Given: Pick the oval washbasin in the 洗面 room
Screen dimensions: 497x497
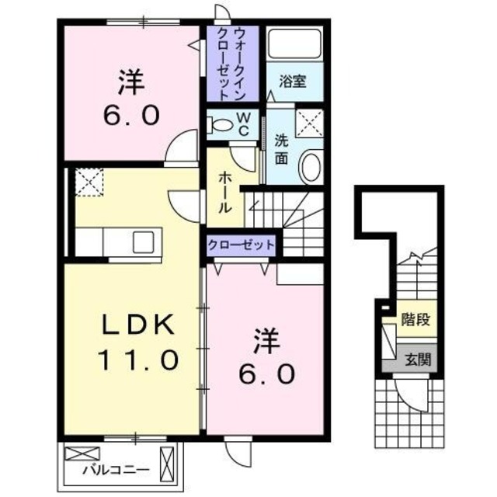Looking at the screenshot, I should click(310, 167).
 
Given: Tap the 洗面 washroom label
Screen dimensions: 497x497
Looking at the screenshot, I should click(280, 149).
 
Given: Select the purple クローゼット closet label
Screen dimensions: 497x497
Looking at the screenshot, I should click(242, 245).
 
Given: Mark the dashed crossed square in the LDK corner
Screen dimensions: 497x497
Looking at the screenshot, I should click(87, 183).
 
